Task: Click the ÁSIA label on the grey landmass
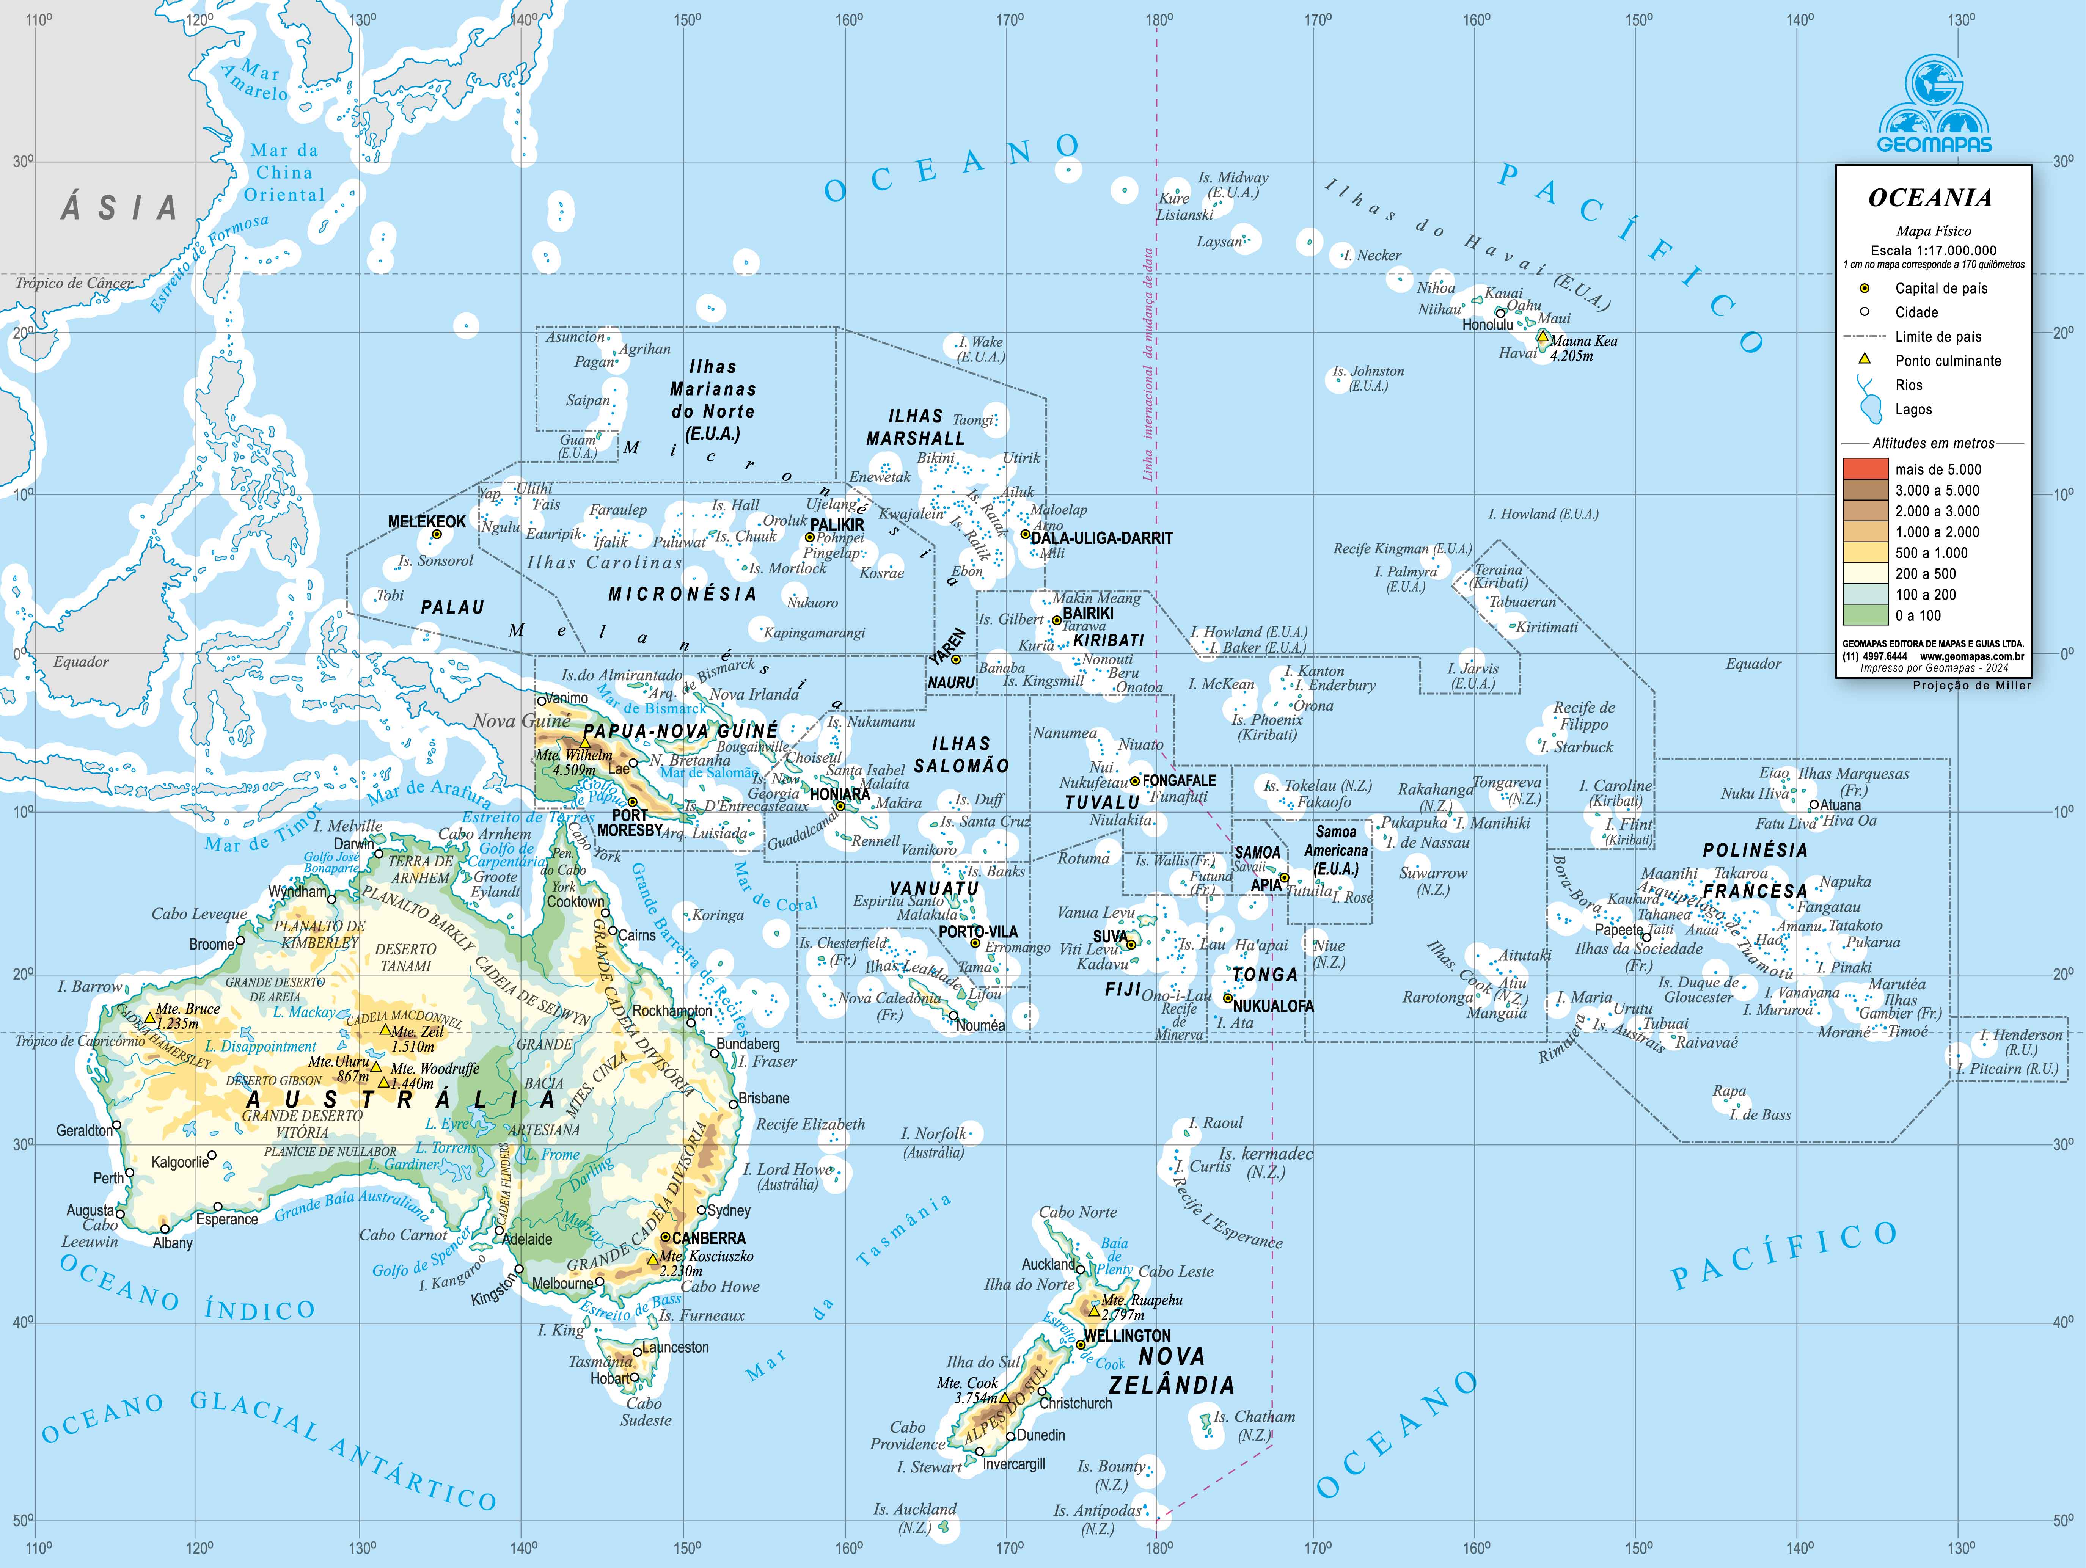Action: point(120,209)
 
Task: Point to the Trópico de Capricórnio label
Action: point(80,1041)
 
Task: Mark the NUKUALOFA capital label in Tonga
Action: point(1273,1006)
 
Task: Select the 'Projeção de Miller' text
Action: point(1971,686)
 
